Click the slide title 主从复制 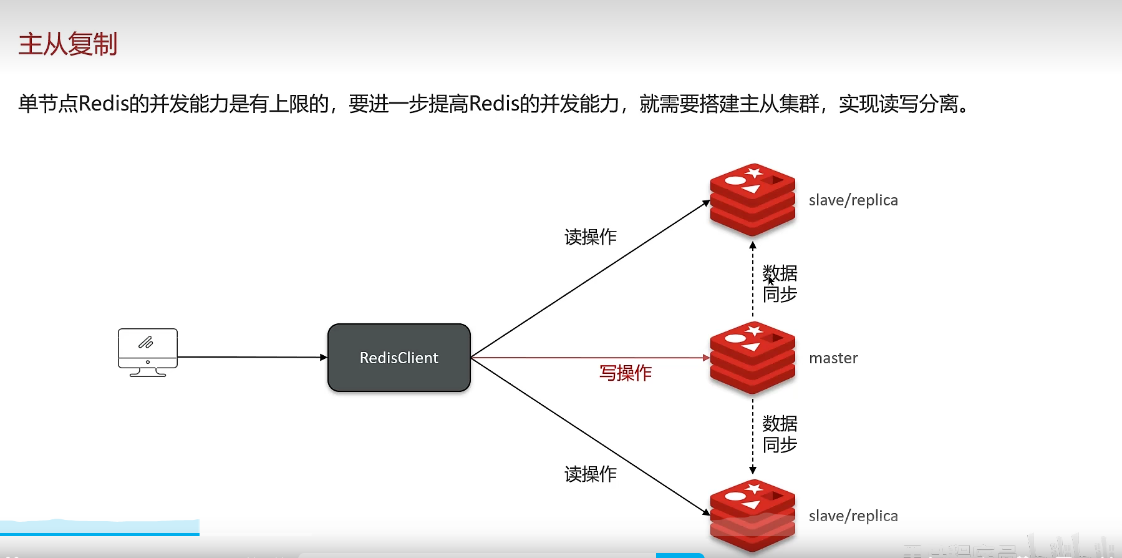tap(68, 44)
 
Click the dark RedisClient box tap(399, 358)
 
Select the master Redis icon tap(753, 358)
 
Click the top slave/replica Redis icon tap(753, 200)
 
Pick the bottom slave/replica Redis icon tap(753, 516)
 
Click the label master tap(833, 358)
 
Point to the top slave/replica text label tap(853, 200)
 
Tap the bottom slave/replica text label tap(853, 516)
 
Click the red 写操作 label tap(626, 373)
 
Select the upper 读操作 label tap(591, 237)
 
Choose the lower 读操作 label tap(591, 474)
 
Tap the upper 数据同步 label tap(780, 283)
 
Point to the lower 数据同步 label tap(780, 434)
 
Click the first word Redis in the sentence tap(104, 104)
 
